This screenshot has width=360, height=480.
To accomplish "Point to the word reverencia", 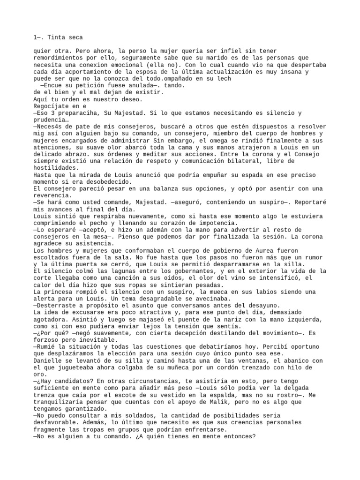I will click(52, 195).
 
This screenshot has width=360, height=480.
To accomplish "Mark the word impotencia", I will click(214, 223).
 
